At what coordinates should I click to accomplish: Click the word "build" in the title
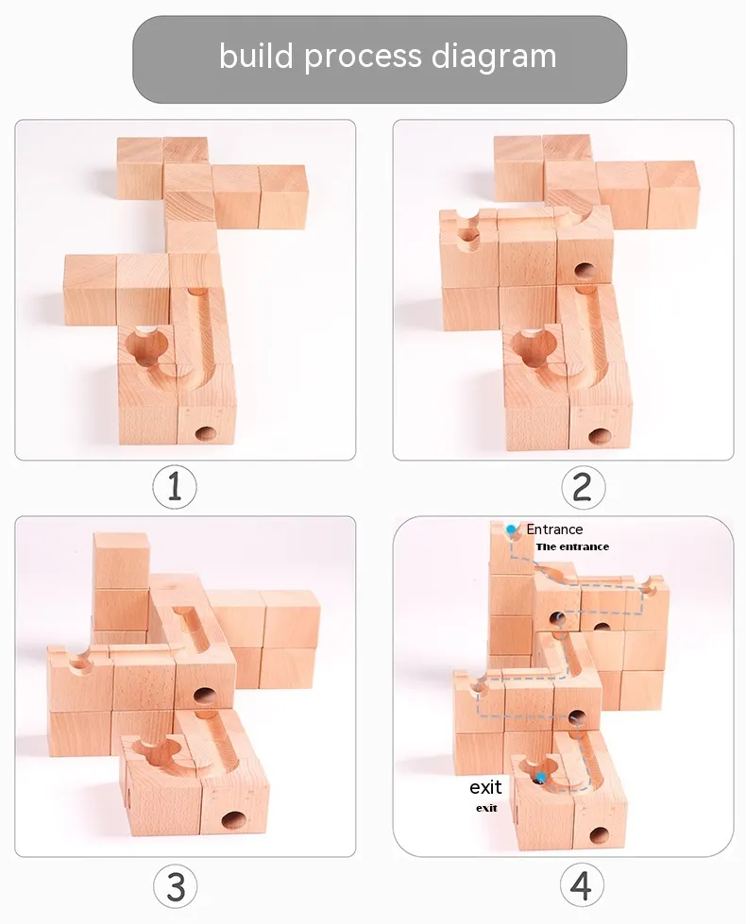[257, 56]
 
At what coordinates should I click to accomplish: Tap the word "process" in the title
[363, 58]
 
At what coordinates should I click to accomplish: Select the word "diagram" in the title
[494, 58]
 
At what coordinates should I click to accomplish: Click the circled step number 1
[175, 487]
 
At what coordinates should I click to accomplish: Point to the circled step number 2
[583, 487]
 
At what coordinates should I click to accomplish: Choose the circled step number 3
[175, 886]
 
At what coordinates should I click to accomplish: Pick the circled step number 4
[582, 886]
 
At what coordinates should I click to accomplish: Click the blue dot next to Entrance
[511, 529]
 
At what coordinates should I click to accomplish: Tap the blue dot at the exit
[540, 778]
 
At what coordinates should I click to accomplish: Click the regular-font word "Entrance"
[554, 529]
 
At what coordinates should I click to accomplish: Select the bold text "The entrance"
[572, 546]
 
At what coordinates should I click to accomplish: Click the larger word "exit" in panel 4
[485, 787]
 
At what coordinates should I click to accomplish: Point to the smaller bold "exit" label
[486, 808]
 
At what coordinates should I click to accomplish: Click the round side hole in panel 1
[206, 434]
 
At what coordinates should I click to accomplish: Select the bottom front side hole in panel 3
[234, 819]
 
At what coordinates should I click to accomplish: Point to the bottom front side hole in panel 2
[600, 437]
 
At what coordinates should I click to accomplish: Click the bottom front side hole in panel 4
[599, 835]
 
